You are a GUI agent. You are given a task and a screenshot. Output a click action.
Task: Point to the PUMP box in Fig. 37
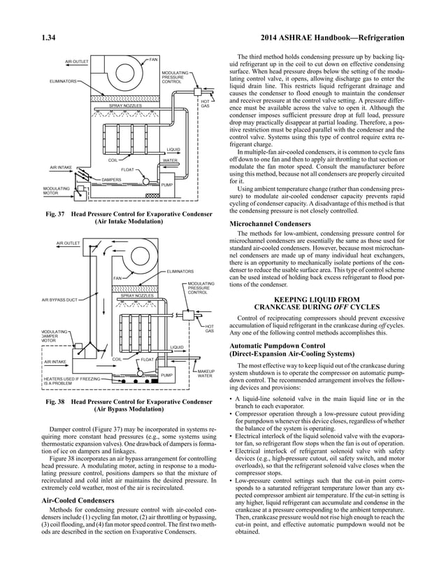[167, 185]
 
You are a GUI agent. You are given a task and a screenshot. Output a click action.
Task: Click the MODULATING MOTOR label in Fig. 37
[56, 190]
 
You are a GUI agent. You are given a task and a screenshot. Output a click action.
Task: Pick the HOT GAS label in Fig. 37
[206, 104]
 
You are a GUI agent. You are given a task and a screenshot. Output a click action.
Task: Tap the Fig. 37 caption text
[127, 216]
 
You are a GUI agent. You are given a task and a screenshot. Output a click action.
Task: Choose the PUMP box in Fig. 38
[166, 376]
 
